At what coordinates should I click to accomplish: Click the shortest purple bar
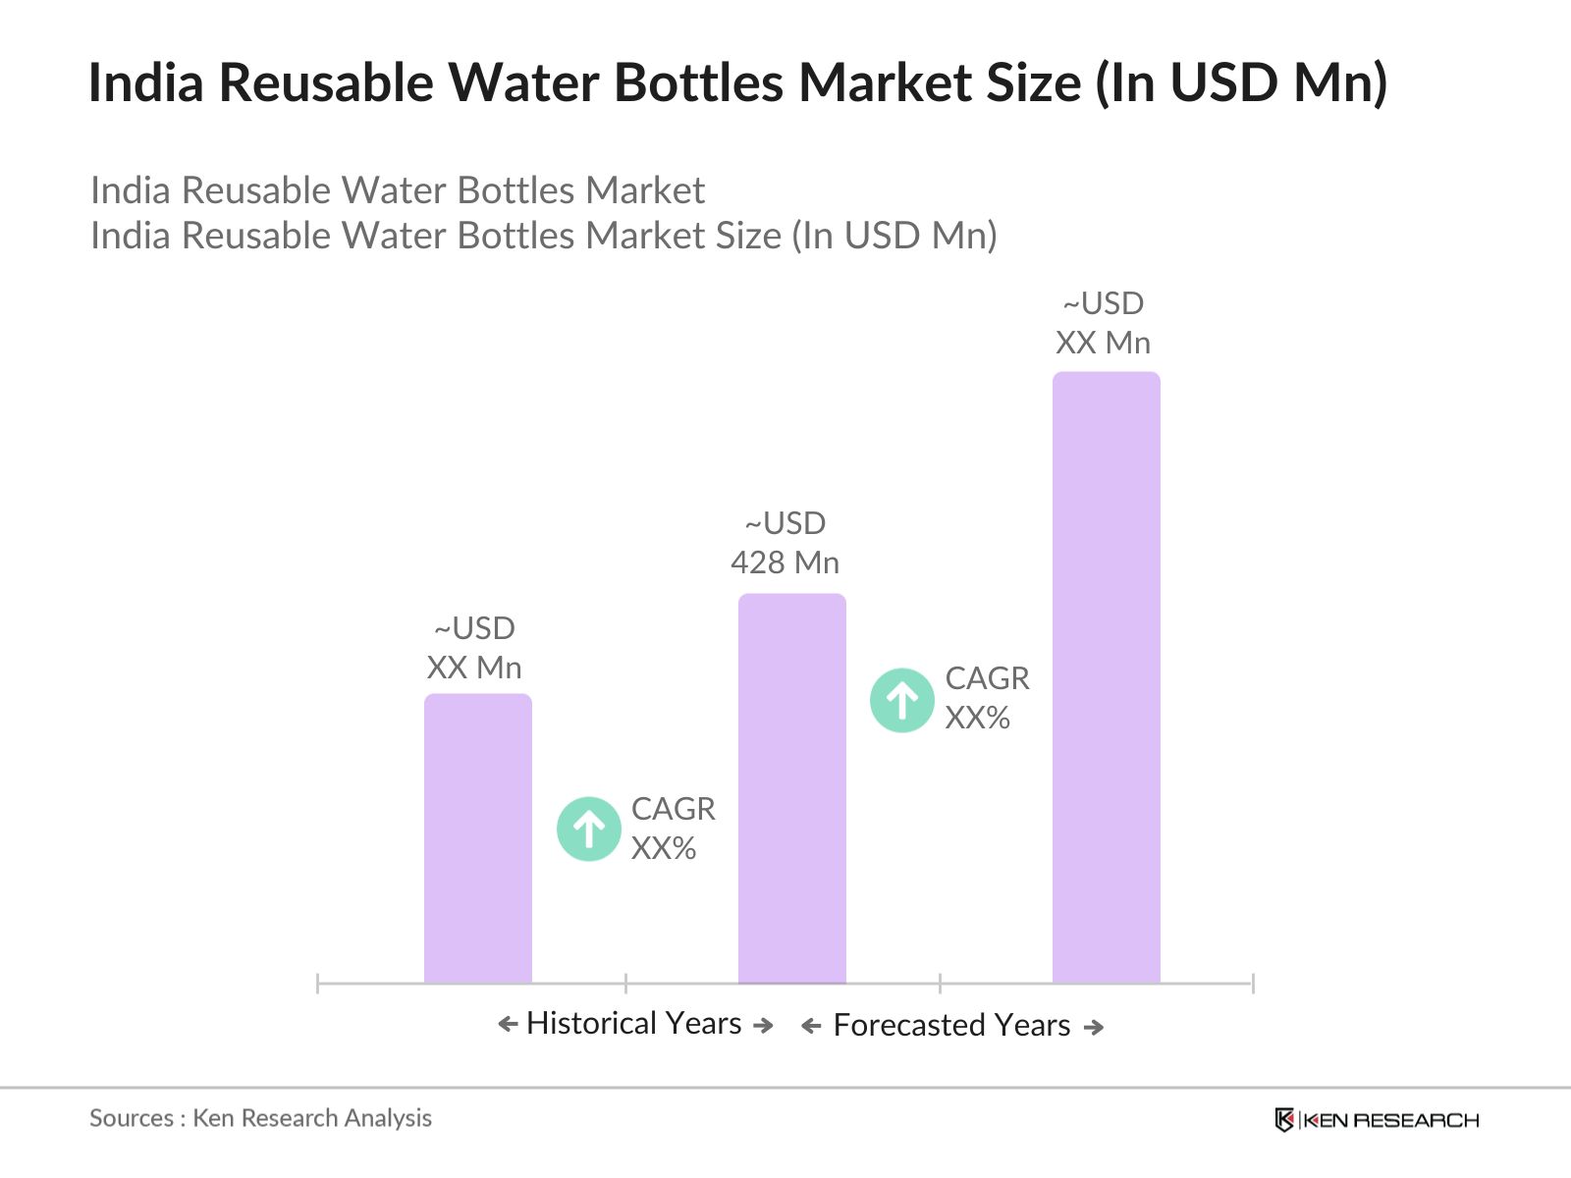(477, 839)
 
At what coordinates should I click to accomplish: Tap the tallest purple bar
(1106, 677)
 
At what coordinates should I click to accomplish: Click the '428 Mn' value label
(785, 562)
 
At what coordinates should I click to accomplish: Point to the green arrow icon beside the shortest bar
(588, 830)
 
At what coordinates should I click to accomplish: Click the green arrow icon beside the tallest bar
(901, 700)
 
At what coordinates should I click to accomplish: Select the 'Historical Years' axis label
(633, 1023)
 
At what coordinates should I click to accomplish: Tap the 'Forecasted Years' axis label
(950, 1025)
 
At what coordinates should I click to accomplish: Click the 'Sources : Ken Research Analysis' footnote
(260, 1118)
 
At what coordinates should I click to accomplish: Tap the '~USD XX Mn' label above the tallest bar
(1103, 323)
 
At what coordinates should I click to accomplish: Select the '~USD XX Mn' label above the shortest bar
(474, 648)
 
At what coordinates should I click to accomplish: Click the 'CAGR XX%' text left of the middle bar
(672, 829)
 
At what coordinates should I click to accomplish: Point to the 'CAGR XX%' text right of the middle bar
(986, 698)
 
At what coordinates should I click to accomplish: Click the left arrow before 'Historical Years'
(508, 1025)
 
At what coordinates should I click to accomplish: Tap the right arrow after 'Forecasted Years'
(1094, 1027)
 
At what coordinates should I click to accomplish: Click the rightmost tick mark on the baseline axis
(1252, 983)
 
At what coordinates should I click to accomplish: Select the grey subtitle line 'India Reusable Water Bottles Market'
(397, 190)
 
